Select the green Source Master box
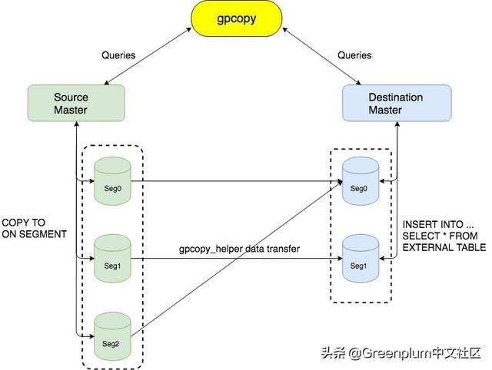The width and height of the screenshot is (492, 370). pos(75,104)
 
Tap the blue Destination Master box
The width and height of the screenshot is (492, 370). pos(395,104)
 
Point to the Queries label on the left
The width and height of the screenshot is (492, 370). pos(118,55)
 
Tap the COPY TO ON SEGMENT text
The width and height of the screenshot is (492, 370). pos(34,229)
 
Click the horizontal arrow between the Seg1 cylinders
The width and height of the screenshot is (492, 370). pos(231,260)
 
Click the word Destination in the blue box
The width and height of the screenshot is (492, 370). pos(395,97)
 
